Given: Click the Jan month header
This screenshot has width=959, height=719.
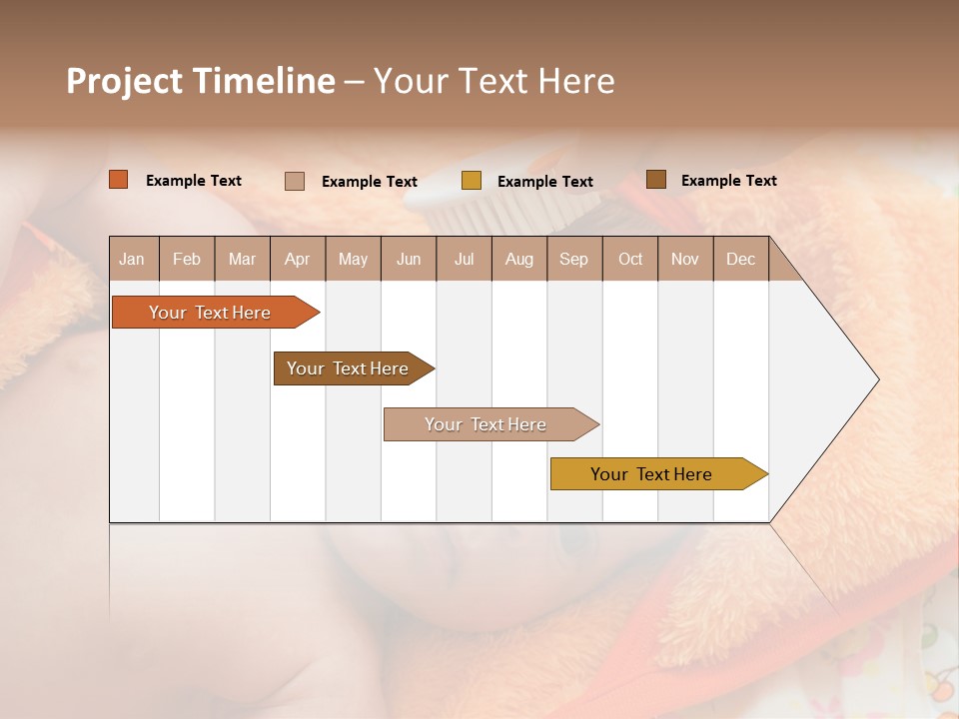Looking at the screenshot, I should coord(132,259).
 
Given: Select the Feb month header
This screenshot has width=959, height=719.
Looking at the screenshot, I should coord(187,259).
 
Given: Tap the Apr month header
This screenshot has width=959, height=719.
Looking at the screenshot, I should coord(297,259).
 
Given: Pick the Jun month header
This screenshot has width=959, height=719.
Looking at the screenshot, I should coord(409,259).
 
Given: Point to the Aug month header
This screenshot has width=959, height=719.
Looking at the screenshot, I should coord(518,259).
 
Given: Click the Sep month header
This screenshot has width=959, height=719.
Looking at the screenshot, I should coord(573,259).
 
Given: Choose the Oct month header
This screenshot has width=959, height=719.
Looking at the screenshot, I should coord(630,259).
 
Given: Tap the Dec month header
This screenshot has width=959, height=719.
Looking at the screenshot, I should coord(740,259).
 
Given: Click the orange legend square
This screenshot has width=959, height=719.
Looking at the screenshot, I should coord(119,180).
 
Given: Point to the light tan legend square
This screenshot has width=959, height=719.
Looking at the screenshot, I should coord(295,181).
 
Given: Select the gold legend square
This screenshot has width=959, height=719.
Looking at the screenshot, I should coord(472,181).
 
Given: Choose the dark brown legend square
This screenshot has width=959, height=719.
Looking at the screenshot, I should coord(656,180).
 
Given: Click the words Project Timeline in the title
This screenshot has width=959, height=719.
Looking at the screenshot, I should coord(201,81).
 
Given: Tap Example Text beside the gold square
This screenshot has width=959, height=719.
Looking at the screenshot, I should coord(544,182).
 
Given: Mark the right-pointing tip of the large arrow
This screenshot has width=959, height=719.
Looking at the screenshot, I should coord(877,379).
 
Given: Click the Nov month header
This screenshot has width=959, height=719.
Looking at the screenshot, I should coord(685,259).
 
